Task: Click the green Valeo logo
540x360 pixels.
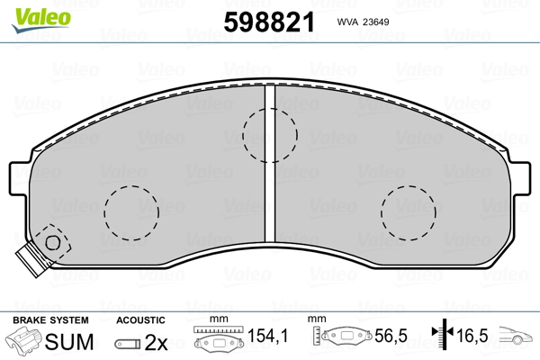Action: (41, 20)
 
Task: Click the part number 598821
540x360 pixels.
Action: (269, 22)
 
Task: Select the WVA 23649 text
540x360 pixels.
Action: (363, 22)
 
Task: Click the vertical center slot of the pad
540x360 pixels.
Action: (270, 163)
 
